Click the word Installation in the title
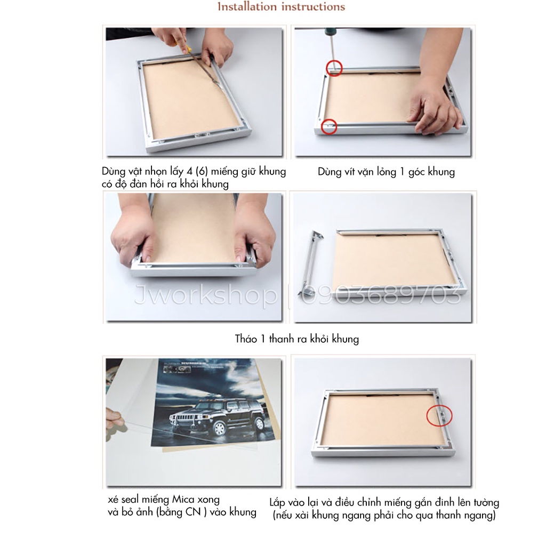(x=247, y=6)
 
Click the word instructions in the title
(x=313, y=6)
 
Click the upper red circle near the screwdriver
(x=334, y=68)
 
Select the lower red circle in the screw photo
(x=329, y=126)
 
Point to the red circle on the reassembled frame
(x=439, y=415)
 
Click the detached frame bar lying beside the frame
(x=310, y=263)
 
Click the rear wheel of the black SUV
(x=259, y=424)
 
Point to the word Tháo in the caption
(x=246, y=339)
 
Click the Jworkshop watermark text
(x=206, y=296)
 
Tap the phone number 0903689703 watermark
(x=382, y=295)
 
